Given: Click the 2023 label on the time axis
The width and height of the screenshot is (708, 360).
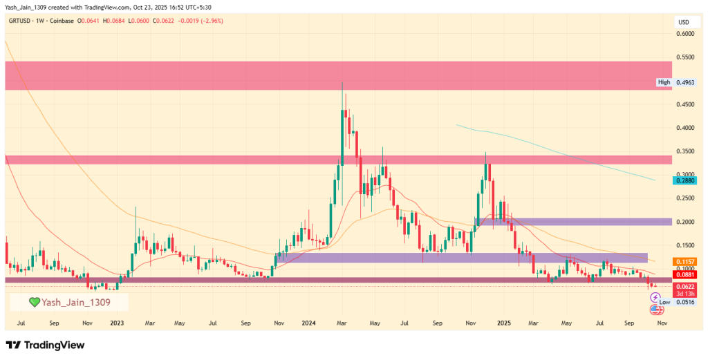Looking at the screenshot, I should (117, 322).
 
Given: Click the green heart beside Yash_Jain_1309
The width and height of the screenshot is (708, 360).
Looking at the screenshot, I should (33, 302).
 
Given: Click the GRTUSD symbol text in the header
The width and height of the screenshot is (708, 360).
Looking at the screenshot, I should (23, 21).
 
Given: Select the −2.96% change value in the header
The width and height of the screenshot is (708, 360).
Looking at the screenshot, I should (230, 21).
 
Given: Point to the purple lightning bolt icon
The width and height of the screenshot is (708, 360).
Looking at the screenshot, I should (655, 296).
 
